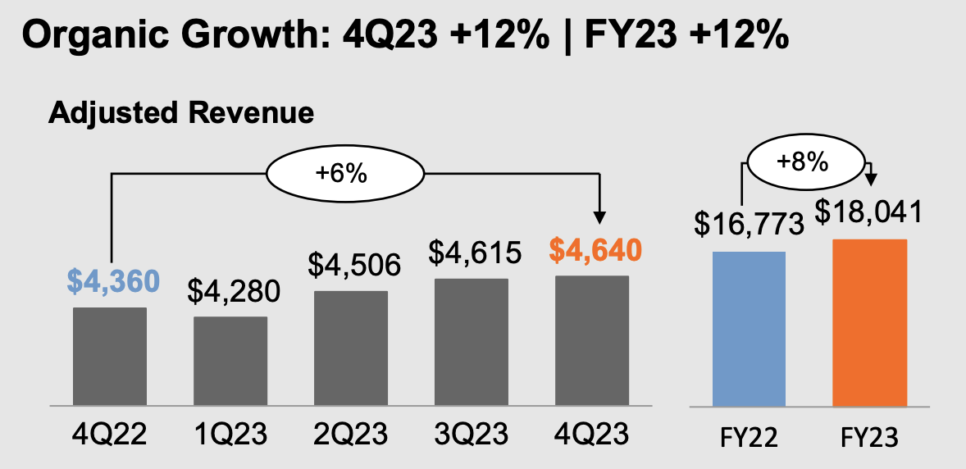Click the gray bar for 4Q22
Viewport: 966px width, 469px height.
(110, 357)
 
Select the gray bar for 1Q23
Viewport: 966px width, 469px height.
(230, 361)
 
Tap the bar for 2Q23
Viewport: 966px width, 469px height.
(351, 348)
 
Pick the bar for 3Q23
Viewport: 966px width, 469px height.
(472, 342)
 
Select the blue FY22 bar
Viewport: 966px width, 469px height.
(749, 329)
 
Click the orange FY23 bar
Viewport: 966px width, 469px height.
(869, 323)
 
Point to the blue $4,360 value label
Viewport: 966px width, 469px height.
(113, 281)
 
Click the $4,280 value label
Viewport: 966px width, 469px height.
(234, 291)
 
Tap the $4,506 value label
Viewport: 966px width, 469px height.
(354, 264)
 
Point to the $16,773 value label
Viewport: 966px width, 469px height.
(749, 224)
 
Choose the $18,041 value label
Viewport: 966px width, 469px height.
(869, 212)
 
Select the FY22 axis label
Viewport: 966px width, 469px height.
(750, 437)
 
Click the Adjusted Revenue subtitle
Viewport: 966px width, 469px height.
(180, 112)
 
